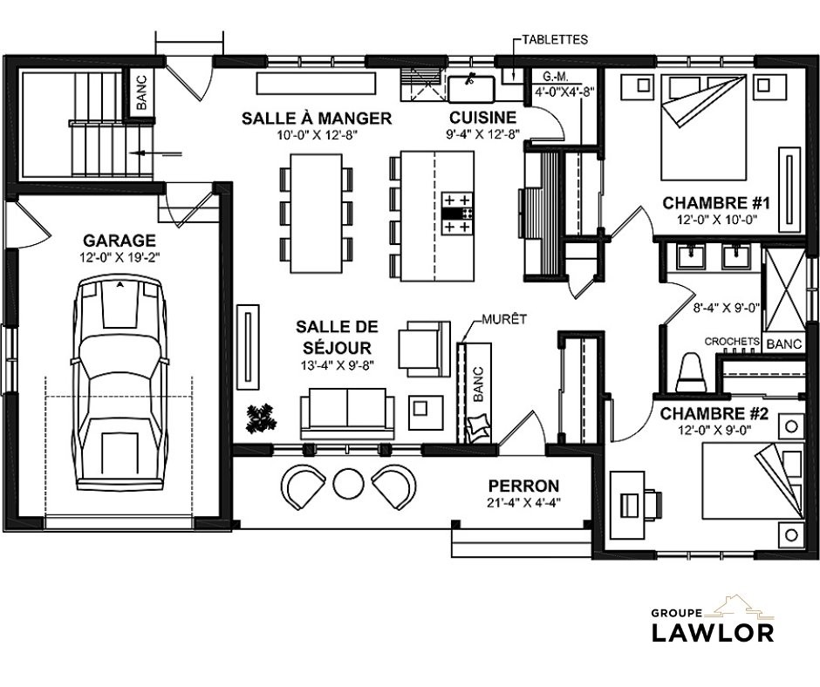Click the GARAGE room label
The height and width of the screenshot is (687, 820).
click(120, 241)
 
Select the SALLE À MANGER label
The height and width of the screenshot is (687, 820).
click(317, 119)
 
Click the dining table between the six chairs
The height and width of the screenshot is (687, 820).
click(317, 213)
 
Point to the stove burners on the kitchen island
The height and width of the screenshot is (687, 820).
click(458, 213)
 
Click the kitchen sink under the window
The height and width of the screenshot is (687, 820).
click(471, 88)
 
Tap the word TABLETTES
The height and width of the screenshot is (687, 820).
click(555, 40)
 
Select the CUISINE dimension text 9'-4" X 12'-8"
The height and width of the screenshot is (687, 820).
click(482, 135)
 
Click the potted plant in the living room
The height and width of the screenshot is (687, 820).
click(260, 418)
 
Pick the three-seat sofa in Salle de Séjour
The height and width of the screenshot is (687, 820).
click(347, 413)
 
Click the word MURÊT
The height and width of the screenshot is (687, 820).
click(504, 319)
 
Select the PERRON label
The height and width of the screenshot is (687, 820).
click(523, 486)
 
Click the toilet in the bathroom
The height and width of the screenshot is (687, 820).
click(691, 373)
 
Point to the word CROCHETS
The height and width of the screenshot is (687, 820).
click(732, 342)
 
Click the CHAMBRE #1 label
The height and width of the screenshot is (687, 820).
click(716, 202)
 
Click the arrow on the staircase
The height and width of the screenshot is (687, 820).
click(156, 153)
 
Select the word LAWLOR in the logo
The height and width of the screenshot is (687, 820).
click(713, 632)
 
